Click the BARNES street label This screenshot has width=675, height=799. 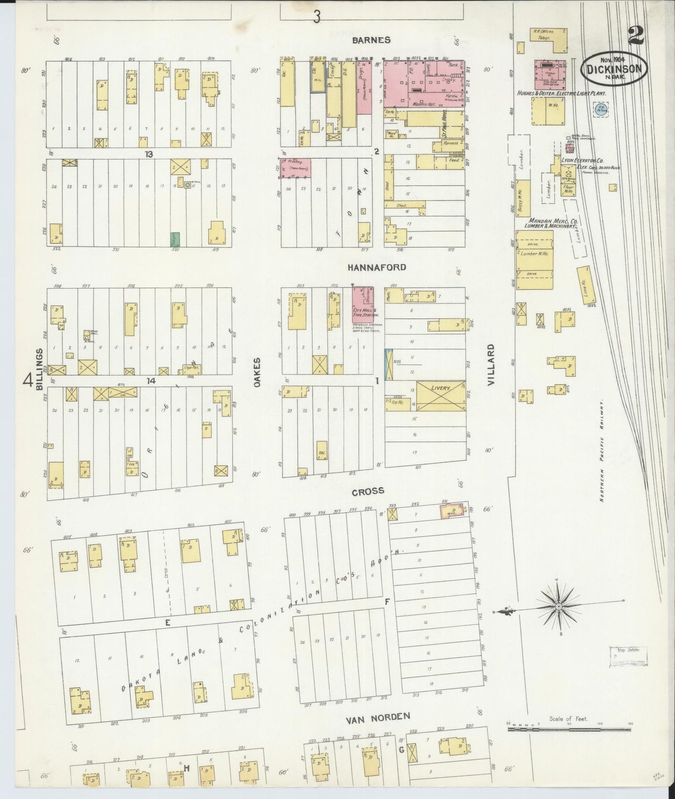pos(371,40)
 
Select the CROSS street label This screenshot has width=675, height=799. pos(368,491)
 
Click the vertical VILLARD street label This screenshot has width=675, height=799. pos(490,365)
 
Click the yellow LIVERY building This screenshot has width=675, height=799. pos(441,395)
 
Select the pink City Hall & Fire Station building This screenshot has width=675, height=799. pos(366,304)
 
